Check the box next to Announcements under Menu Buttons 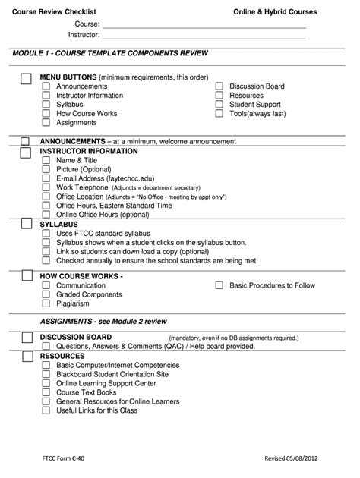coord(46,86)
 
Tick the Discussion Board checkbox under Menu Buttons coord(219,86)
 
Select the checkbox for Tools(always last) coord(219,114)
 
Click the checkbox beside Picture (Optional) coord(46,169)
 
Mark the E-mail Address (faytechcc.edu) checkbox coord(46,178)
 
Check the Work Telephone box coord(46,187)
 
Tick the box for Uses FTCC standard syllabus coord(46,233)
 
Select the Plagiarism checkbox coord(46,303)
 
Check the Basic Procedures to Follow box coord(219,286)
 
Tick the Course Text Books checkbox coord(46,392)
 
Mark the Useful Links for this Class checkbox coord(46,410)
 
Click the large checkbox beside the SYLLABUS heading coord(25,225)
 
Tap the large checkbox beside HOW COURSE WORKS coord(25,277)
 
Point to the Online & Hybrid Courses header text coord(275,12)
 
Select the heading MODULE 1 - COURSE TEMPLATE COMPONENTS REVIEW coord(110,54)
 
